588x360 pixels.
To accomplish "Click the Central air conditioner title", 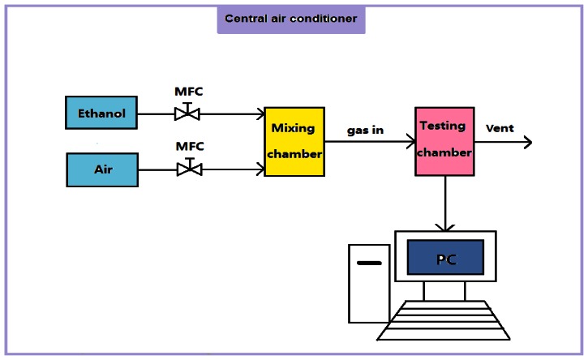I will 290,19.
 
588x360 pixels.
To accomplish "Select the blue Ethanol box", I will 101,113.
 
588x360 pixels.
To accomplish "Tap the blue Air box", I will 102,170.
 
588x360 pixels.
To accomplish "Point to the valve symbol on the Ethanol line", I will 187,113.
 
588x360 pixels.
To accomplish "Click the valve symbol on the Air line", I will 189,169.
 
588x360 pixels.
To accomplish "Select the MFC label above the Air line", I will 189,146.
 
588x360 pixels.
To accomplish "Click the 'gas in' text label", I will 365,130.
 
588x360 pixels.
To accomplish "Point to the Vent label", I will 499,128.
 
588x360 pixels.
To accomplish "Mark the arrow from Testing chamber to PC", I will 444,203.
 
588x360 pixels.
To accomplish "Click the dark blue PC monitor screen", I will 445,257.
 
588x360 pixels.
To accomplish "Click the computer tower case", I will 369,284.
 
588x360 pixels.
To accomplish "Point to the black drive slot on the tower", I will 369,264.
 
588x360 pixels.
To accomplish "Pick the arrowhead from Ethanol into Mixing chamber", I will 260,114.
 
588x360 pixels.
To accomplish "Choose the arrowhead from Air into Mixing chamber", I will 260,169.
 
